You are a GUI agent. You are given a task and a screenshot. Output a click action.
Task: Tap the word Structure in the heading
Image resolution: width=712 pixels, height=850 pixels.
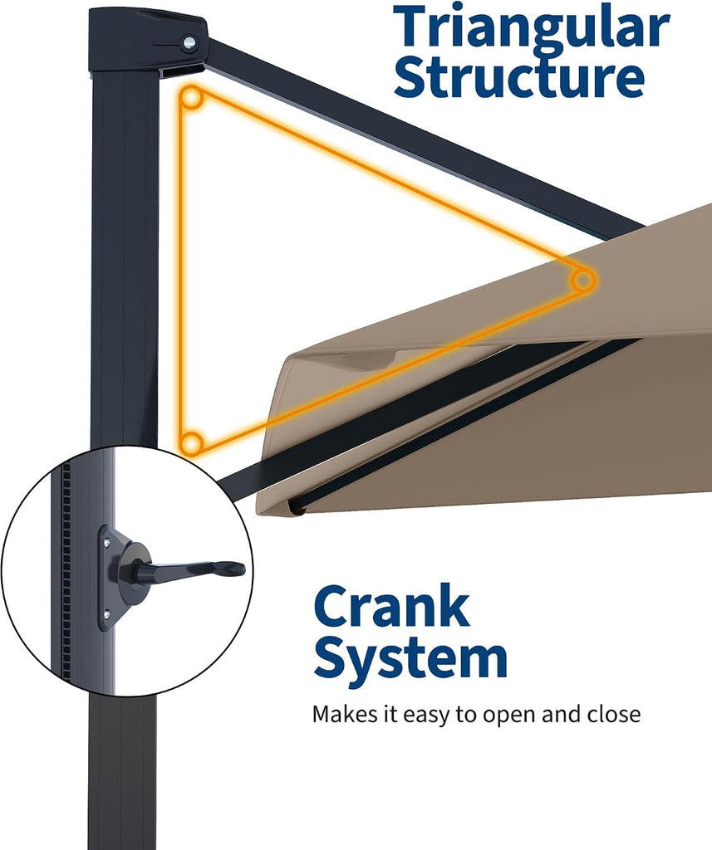pyautogui.click(x=518, y=77)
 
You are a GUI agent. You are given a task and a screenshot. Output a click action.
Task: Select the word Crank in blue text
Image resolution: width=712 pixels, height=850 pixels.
pyautogui.click(x=391, y=607)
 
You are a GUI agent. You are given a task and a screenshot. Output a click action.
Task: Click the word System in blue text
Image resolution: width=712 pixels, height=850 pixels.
pyautogui.click(x=410, y=657)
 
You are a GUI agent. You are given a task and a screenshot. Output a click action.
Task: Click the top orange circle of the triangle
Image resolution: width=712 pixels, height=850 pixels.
pyautogui.click(x=191, y=99)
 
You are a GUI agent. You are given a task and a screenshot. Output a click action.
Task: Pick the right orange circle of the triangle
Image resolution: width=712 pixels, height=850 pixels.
pyautogui.click(x=583, y=281)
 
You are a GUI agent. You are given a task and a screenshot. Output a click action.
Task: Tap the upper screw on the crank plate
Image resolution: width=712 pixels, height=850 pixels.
pyautogui.click(x=107, y=540)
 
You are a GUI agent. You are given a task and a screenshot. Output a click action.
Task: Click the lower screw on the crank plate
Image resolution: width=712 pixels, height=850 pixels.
pyautogui.click(x=107, y=613)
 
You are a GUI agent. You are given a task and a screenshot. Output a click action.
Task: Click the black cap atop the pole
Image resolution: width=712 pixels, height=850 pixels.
pyautogui.click(x=147, y=40)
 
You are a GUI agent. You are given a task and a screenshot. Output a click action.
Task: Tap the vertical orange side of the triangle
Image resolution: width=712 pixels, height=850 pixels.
pyautogui.click(x=182, y=271)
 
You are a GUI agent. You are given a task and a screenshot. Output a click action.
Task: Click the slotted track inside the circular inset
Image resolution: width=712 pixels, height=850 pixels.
pyautogui.click(x=66, y=569)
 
